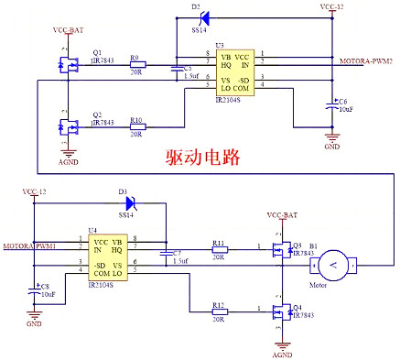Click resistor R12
pos(219,311)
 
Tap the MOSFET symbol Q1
pos(69,65)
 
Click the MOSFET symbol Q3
pos(280,251)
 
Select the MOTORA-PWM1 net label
pos(29,246)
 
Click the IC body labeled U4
pos(108,256)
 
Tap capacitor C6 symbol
pos(332,108)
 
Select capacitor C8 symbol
pos(34,290)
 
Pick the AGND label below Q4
pos(283,351)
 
